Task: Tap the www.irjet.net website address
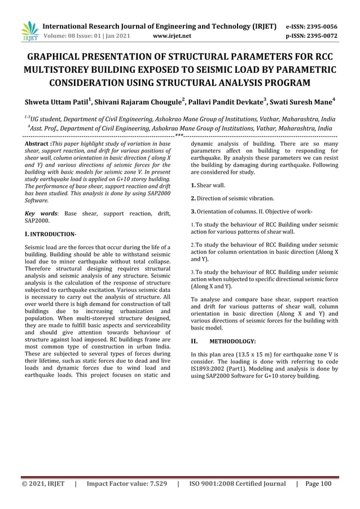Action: (172, 37)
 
